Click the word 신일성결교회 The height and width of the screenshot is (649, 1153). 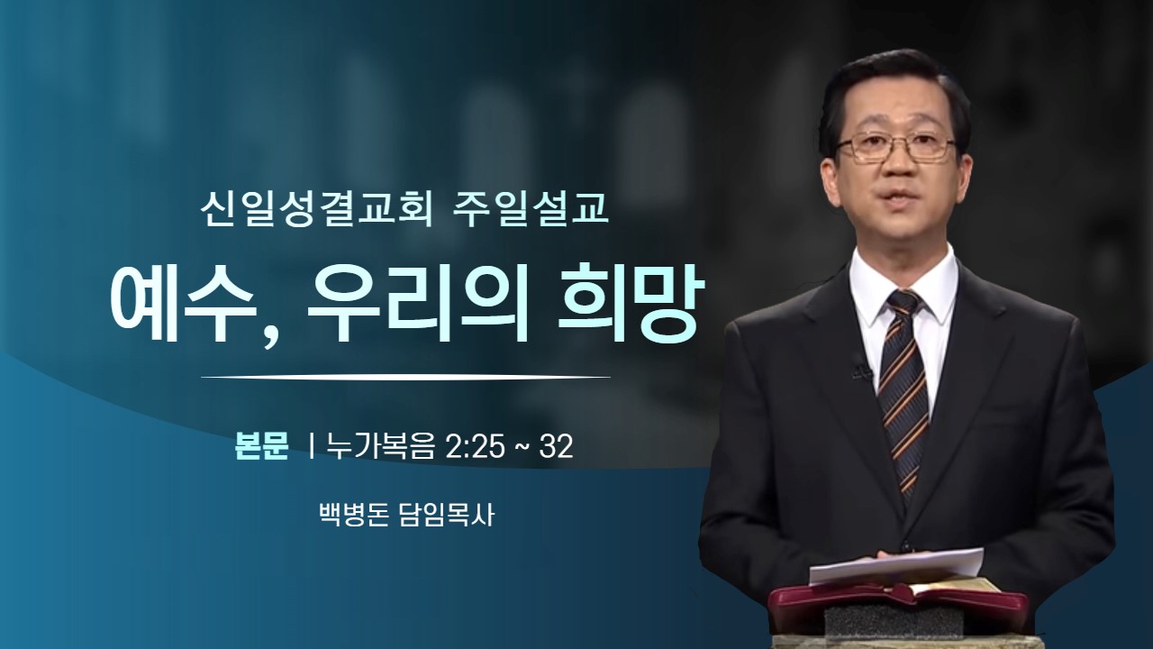point(316,211)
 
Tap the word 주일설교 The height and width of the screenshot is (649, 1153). point(531,211)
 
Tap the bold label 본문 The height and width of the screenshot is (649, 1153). point(261,446)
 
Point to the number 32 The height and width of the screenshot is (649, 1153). point(556,446)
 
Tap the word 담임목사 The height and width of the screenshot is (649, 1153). point(446,515)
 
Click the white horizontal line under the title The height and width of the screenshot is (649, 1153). point(405,378)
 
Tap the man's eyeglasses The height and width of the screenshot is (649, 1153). point(896,148)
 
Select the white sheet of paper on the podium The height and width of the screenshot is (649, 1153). point(895,565)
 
